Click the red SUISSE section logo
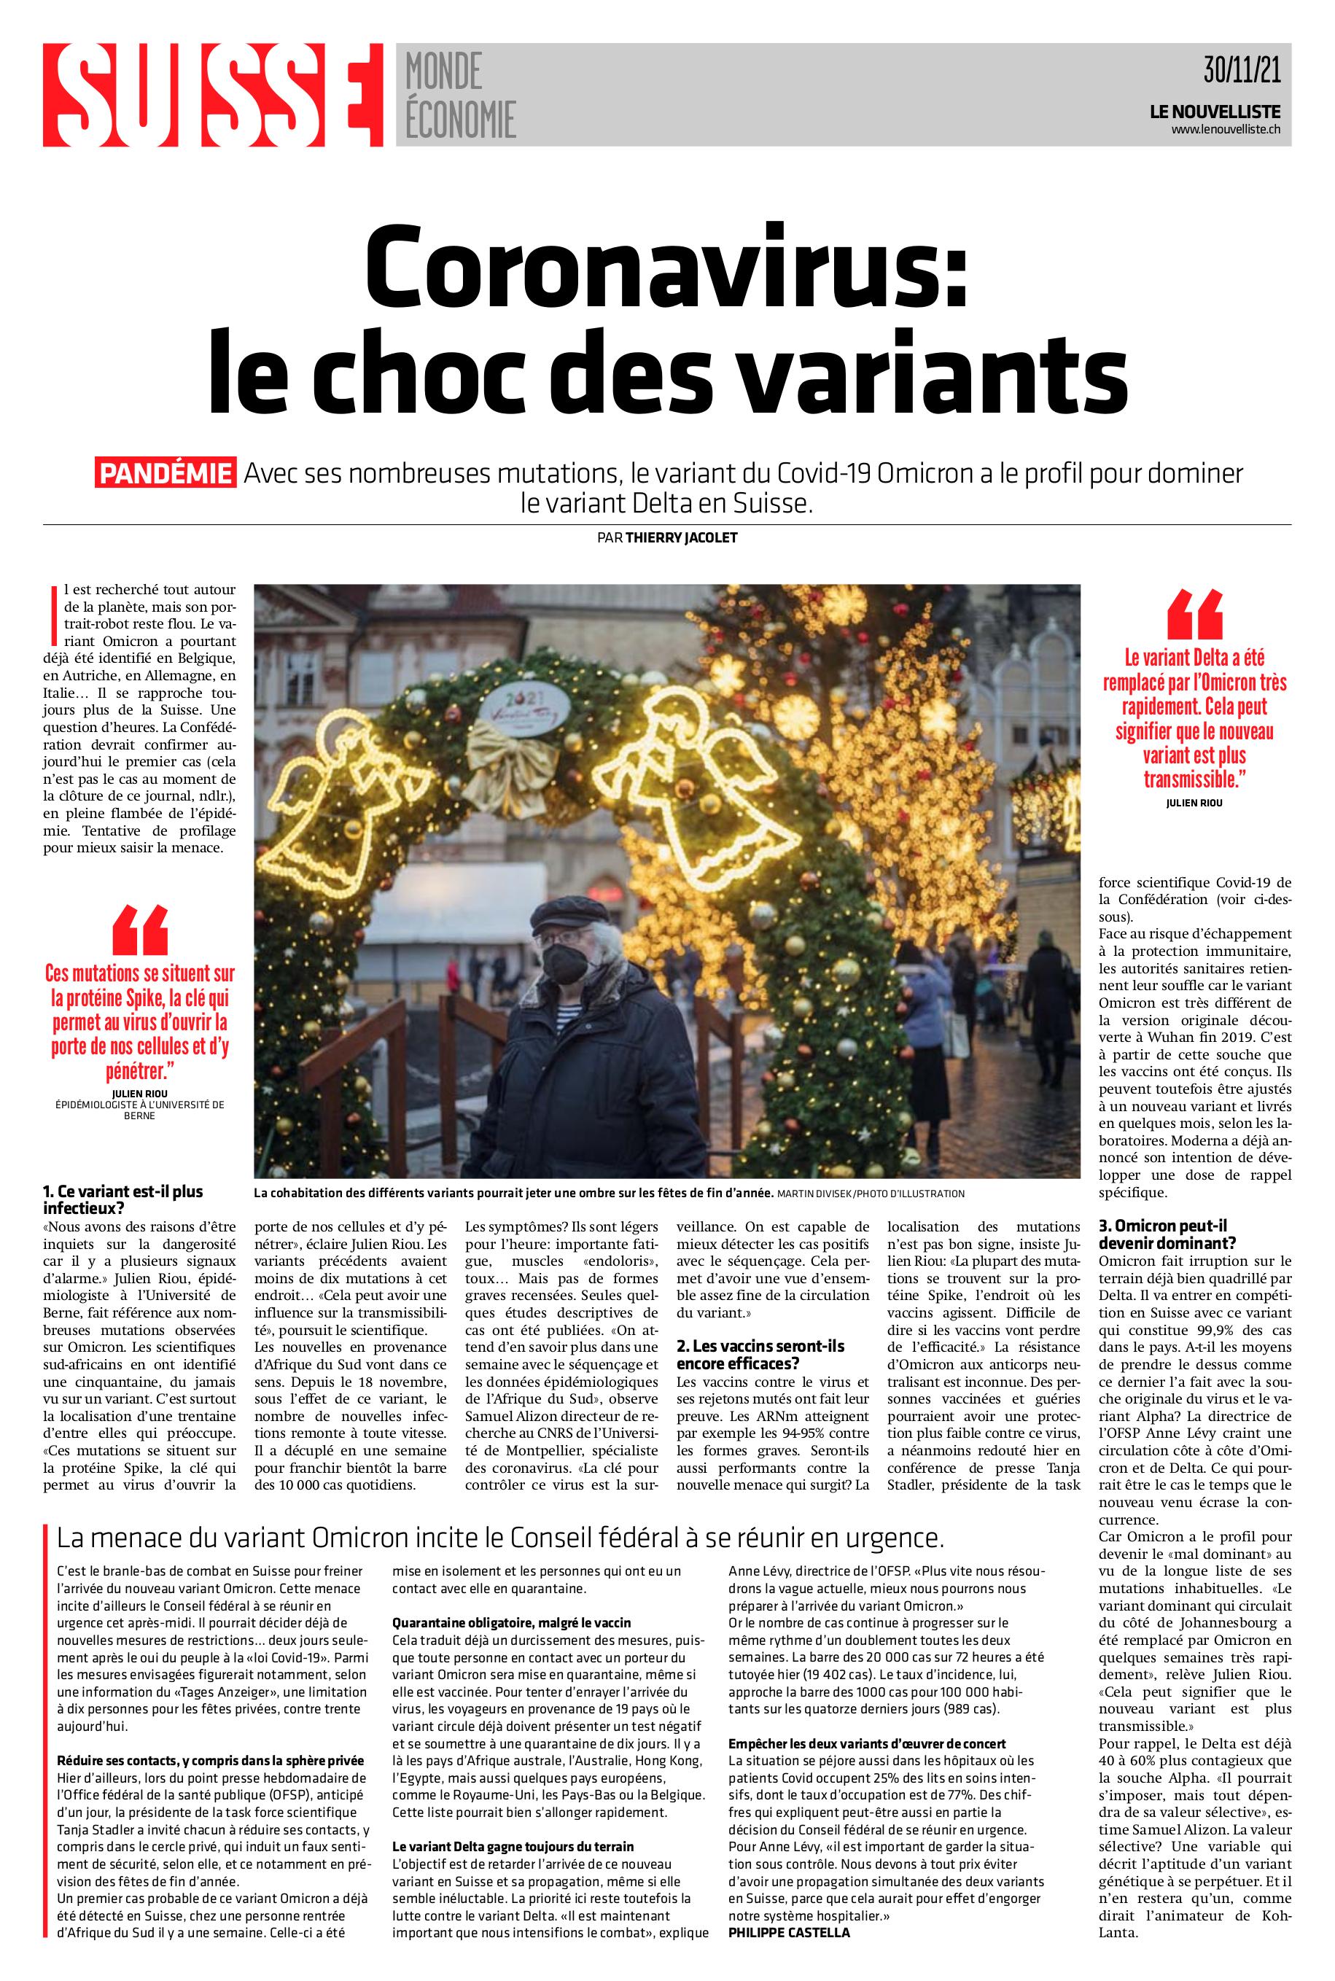[x=213, y=95]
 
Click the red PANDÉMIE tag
[x=166, y=473]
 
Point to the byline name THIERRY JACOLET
[x=681, y=537]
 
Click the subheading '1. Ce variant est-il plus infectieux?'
[x=123, y=1199]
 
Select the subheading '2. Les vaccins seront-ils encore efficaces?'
[x=760, y=1353]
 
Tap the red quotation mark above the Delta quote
[x=1194, y=615]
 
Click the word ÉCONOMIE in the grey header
[x=461, y=120]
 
